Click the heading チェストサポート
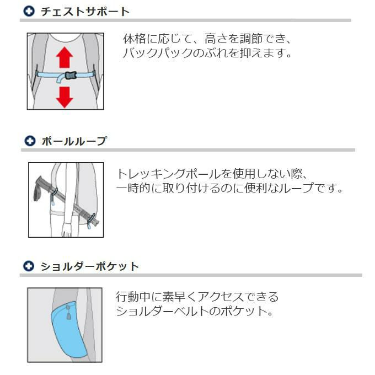click(x=85, y=12)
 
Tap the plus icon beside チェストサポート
click(x=29, y=11)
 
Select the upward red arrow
click(x=65, y=57)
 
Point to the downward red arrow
click(x=65, y=97)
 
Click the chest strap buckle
click(x=71, y=76)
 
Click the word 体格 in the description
click(x=135, y=39)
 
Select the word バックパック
click(x=158, y=53)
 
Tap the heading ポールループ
click(x=74, y=141)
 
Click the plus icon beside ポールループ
click(x=30, y=141)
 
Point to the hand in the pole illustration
click(x=67, y=229)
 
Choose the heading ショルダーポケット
click(x=90, y=266)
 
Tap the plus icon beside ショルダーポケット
click(x=29, y=266)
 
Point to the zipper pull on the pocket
click(x=68, y=312)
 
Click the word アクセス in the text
click(x=221, y=297)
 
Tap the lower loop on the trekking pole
click(x=91, y=220)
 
